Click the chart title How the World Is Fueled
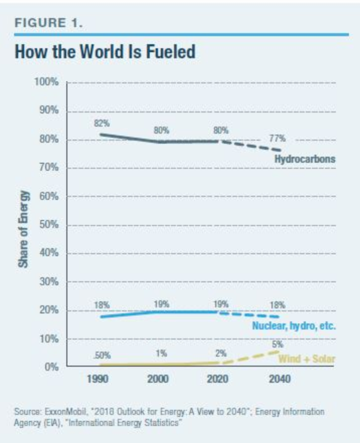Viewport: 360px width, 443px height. [105, 52]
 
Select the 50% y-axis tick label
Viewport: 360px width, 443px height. [50, 225]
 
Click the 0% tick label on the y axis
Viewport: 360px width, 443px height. [52, 367]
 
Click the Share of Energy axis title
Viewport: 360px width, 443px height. [23, 224]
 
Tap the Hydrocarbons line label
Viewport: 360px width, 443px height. [305, 159]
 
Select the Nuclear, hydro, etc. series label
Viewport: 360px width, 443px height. [294, 326]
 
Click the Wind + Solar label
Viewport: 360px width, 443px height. [306, 359]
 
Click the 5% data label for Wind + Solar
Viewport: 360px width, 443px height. [278, 345]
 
